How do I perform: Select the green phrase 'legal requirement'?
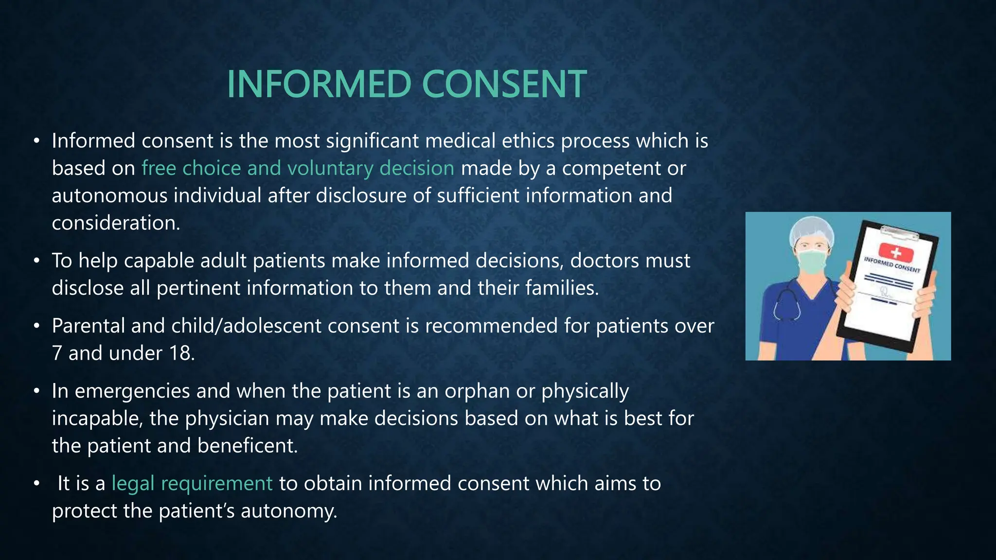[192, 484]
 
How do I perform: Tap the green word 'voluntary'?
[330, 168]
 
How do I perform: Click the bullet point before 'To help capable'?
[36, 262]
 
